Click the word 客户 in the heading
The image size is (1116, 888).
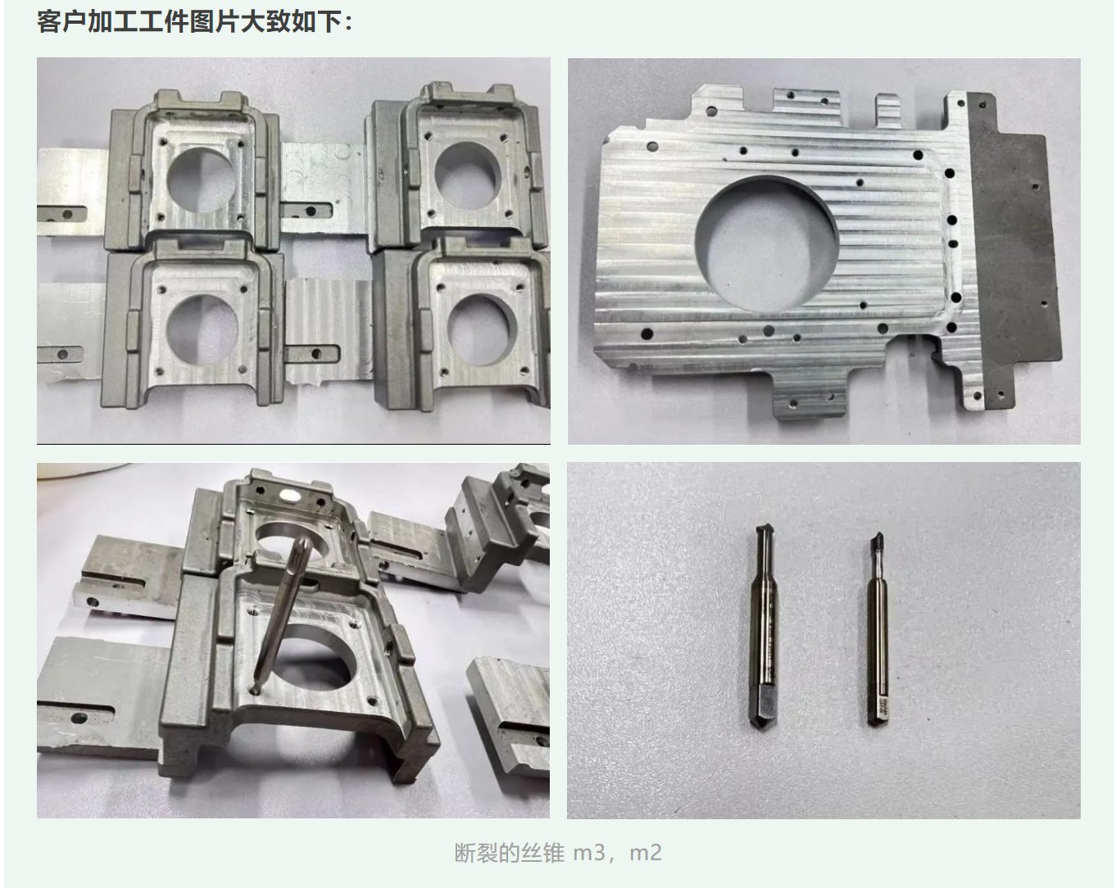pyautogui.click(x=61, y=22)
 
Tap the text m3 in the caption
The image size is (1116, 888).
pyautogui.click(x=588, y=853)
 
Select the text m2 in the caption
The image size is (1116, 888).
pyautogui.click(x=646, y=853)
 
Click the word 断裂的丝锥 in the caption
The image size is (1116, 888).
pyautogui.click(x=510, y=853)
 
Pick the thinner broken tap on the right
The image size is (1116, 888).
pyautogui.click(x=878, y=627)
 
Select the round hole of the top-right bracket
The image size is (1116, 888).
pyautogui.click(x=467, y=174)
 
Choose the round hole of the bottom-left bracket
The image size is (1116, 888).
pyautogui.click(x=202, y=328)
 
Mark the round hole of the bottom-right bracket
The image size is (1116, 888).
pyautogui.click(x=481, y=329)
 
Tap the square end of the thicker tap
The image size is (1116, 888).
pyautogui.click(x=763, y=708)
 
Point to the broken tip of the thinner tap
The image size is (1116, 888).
pyautogui.click(x=877, y=539)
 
